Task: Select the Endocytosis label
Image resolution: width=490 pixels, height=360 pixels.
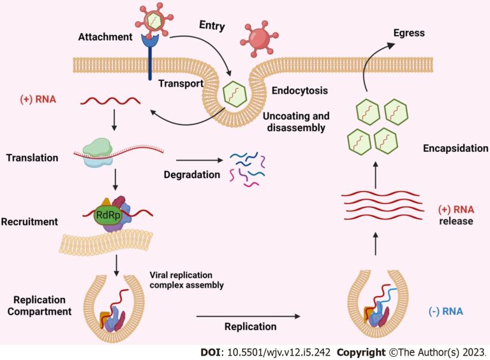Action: pos(299,91)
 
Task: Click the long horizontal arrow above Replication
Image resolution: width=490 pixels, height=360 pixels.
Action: pos(248,316)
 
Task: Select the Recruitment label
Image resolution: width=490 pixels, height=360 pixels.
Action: pos(29,222)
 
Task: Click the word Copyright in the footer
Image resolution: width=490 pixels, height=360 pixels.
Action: pos(360,352)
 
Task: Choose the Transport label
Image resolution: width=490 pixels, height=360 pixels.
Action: pos(181,83)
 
